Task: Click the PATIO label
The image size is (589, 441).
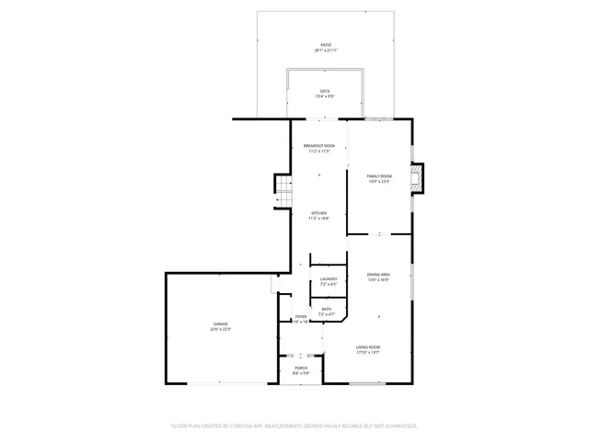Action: pyautogui.click(x=325, y=44)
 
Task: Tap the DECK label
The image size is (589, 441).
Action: pyautogui.click(x=325, y=90)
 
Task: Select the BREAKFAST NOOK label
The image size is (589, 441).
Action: pyautogui.click(x=318, y=146)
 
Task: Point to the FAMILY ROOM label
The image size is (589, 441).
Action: pyautogui.click(x=379, y=175)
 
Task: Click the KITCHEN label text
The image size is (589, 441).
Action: pyautogui.click(x=318, y=213)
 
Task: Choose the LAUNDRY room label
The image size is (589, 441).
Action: pyautogui.click(x=328, y=278)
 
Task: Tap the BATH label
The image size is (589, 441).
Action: pyautogui.click(x=327, y=309)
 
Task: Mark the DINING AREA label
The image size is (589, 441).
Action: pyautogui.click(x=378, y=275)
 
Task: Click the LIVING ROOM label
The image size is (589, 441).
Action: pyautogui.click(x=368, y=346)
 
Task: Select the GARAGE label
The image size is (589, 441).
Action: pyautogui.click(x=221, y=323)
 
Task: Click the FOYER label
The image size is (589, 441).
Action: pyautogui.click(x=301, y=317)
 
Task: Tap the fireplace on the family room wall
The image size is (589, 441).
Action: pyautogui.click(x=419, y=178)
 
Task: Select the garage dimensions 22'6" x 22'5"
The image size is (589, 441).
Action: pyautogui.click(x=221, y=329)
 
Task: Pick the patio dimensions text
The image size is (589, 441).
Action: pyautogui.click(x=325, y=51)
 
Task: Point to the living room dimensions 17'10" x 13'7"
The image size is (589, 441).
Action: pyautogui.click(x=368, y=353)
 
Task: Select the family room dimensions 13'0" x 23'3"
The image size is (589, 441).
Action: pyautogui.click(x=379, y=182)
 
